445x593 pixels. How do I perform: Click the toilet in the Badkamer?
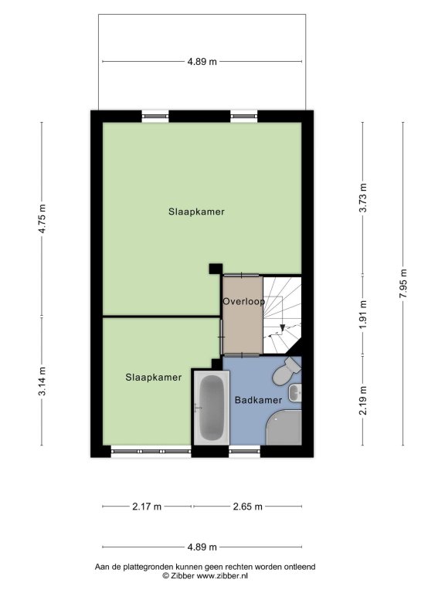(287, 371)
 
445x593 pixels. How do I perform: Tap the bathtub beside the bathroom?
(212, 408)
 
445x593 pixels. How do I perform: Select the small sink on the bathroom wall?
(295, 392)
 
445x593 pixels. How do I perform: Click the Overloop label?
(243, 302)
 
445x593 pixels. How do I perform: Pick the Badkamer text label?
(259, 400)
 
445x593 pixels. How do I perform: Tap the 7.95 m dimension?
(403, 283)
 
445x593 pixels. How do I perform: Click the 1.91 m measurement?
(363, 315)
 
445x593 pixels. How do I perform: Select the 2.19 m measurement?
(363, 401)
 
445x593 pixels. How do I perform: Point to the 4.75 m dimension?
(42, 219)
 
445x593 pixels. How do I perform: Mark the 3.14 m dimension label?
(42, 381)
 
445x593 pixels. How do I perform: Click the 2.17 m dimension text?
(147, 507)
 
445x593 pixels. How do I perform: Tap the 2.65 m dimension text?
(247, 507)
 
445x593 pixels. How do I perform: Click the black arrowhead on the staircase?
(283, 328)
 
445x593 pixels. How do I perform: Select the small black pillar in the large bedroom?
(216, 269)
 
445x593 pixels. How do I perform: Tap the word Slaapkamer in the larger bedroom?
(196, 212)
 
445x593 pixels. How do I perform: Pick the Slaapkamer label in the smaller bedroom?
(154, 378)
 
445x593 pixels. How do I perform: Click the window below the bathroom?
(245, 451)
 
